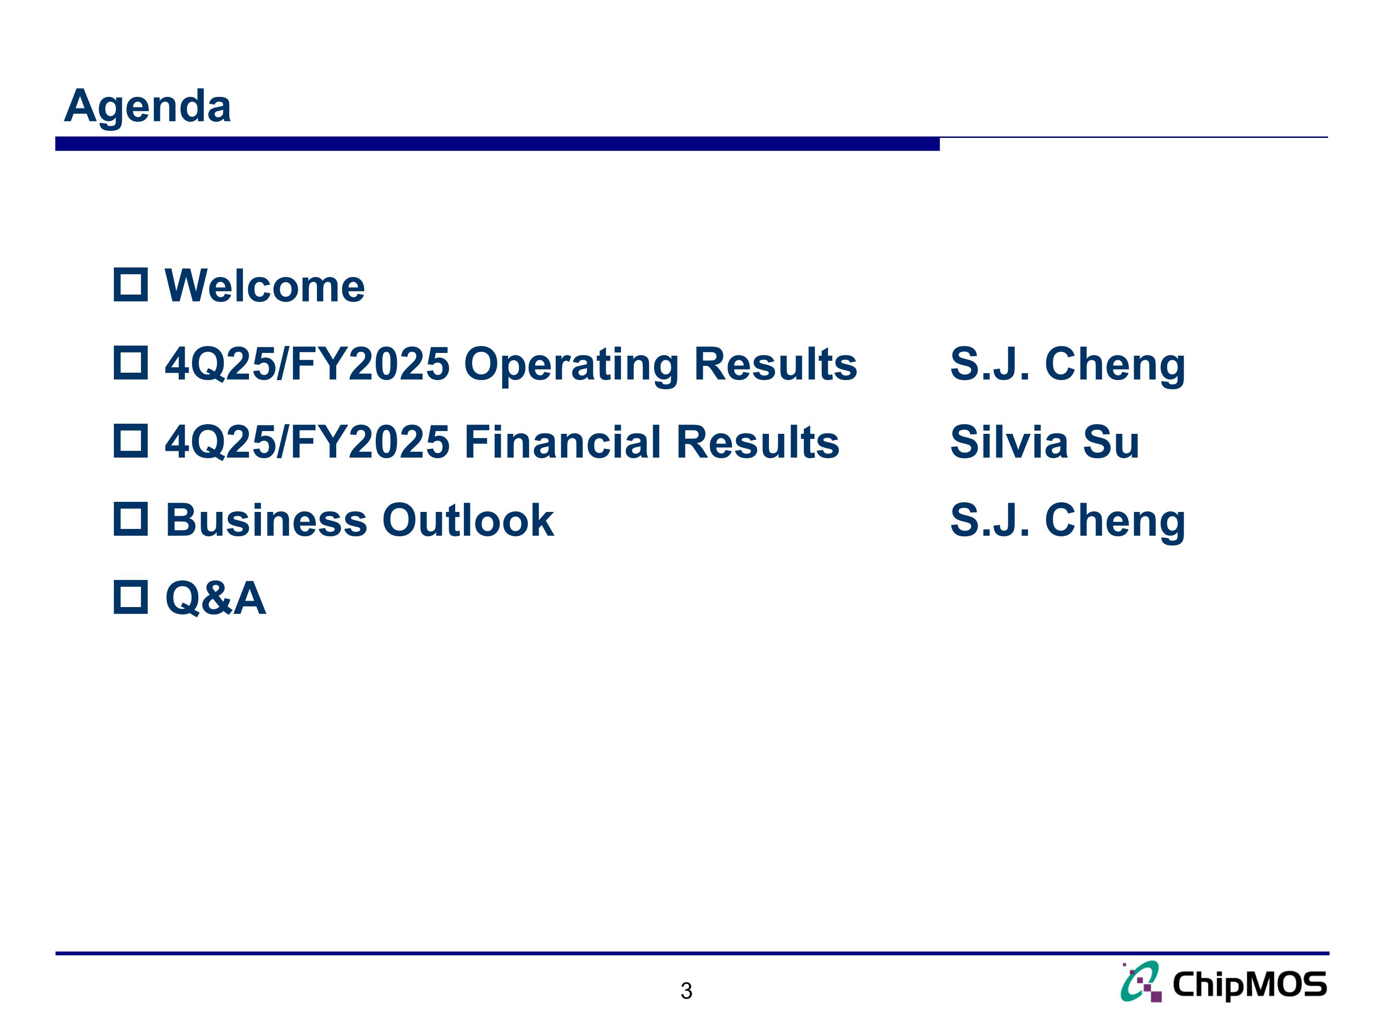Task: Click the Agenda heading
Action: (x=147, y=106)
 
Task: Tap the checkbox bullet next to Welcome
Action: (x=131, y=285)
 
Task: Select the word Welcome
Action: (x=265, y=286)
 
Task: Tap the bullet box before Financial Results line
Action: (x=131, y=441)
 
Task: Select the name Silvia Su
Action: (x=1044, y=442)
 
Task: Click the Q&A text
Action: (x=215, y=598)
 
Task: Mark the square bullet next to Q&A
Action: (x=131, y=597)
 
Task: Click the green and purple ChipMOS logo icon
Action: (x=1141, y=982)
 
